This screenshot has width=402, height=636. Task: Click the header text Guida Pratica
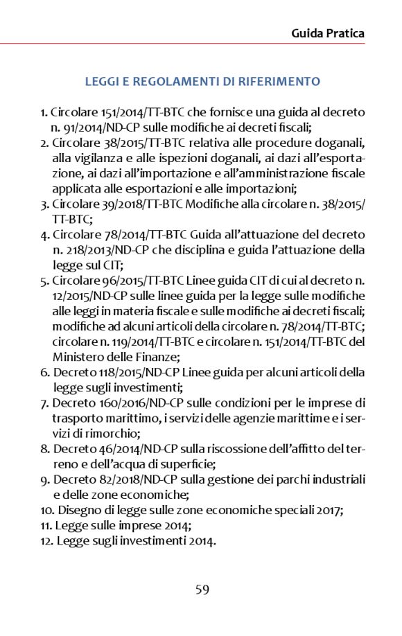pyautogui.click(x=328, y=33)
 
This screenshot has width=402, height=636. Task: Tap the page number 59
pyautogui.click(x=202, y=590)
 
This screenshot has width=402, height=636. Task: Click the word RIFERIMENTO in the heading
pyautogui.click(x=280, y=82)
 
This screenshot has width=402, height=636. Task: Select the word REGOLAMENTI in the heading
pyautogui.click(x=164, y=82)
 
